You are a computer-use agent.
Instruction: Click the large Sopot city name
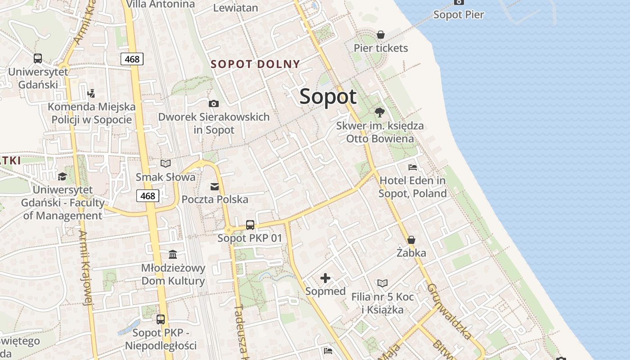(328, 96)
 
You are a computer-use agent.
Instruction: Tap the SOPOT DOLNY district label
(255, 64)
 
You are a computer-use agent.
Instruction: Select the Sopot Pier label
(458, 14)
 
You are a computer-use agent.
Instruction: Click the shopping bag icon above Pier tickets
(381, 35)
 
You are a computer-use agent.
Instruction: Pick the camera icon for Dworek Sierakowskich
(214, 103)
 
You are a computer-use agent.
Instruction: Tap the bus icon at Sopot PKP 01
(250, 225)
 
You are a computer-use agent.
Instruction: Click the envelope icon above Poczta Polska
(215, 186)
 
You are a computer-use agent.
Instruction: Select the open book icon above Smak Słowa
(166, 163)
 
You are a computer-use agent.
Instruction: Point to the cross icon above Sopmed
(325, 278)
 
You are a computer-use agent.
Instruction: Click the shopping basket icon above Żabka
(411, 240)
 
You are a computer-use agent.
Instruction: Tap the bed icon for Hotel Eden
(413, 167)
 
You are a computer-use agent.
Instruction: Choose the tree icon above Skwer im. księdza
(380, 112)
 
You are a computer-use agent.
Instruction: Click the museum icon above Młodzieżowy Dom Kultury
(173, 254)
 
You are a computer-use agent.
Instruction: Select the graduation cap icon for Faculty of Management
(62, 176)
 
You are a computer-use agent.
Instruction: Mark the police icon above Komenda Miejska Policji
(91, 94)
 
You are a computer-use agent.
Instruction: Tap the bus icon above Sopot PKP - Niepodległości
(161, 319)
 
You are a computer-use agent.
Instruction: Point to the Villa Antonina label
(160, 4)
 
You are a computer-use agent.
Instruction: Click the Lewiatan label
(235, 8)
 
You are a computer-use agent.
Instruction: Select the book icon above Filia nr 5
(382, 283)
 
